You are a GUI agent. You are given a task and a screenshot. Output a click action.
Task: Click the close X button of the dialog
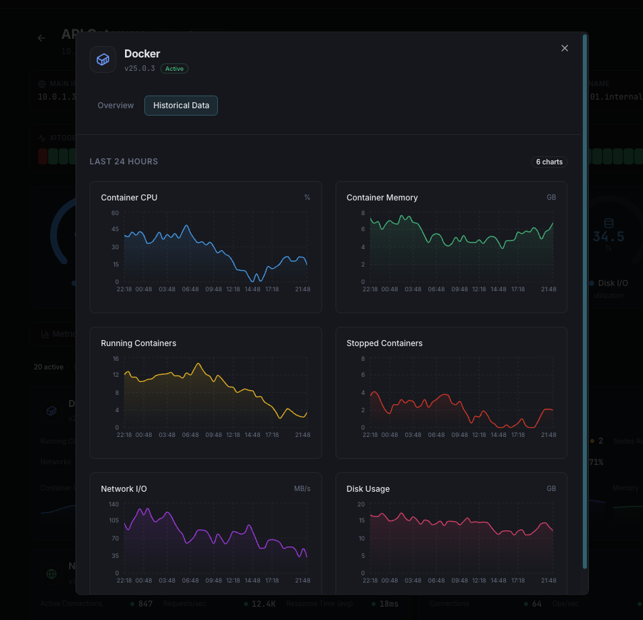point(565,48)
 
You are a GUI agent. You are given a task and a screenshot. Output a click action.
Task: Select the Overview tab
point(116,106)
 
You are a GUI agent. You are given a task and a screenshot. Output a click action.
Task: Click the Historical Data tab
point(181,106)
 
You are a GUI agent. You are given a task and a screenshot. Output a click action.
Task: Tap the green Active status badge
point(174,69)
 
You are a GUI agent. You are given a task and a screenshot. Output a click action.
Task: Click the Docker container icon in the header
point(103,59)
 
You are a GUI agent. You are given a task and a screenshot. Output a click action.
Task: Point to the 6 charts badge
point(549,162)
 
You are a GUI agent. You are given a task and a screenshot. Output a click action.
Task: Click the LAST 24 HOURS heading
point(124,162)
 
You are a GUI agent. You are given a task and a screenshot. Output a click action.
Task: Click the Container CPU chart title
point(129,198)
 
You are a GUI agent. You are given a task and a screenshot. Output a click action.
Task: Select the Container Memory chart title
point(382,198)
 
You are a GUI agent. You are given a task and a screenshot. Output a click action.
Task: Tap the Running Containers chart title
point(138,343)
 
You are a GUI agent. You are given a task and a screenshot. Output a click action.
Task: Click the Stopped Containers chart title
point(384,343)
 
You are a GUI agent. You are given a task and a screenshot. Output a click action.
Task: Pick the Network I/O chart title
point(124,489)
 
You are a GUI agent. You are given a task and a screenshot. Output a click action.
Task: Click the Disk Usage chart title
point(368,489)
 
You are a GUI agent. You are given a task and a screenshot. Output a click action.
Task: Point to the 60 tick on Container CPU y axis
point(115,213)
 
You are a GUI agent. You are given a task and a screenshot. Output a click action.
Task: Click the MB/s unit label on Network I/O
point(302,489)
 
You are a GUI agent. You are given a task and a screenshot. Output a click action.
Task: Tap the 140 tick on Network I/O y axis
point(113,504)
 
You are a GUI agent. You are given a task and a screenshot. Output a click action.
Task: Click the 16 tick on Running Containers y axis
point(115,359)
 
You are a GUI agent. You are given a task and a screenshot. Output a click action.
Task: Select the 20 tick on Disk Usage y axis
point(361,504)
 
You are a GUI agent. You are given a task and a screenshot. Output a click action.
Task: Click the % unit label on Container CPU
point(307,198)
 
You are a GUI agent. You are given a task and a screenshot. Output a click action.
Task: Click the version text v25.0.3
point(140,69)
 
